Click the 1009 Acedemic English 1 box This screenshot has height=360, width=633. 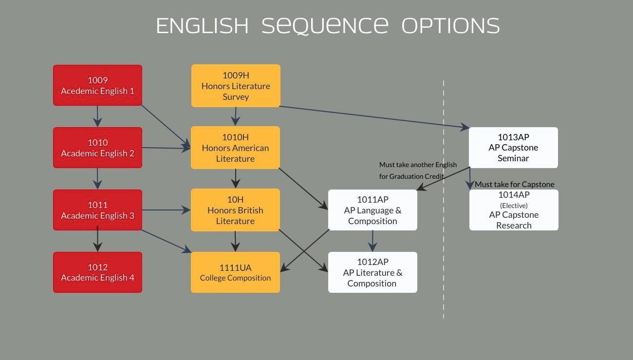tap(97, 85)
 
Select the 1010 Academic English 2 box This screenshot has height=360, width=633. tap(97, 148)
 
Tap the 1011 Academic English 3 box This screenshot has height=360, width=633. tap(97, 210)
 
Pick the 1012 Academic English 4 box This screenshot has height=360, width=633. tap(97, 272)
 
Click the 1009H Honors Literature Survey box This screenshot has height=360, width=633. tap(236, 86)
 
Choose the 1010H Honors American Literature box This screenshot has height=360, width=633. tap(235, 148)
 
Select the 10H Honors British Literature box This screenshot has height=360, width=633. tap(235, 210)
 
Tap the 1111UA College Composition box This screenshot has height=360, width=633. tap(235, 272)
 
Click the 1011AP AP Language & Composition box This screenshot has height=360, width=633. tap(372, 210)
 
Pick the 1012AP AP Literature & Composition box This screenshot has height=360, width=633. tap(372, 272)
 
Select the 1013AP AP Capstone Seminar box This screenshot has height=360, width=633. tap(513, 148)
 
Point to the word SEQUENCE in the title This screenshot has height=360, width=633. tap(325, 26)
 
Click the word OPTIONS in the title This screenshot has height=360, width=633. tap(450, 26)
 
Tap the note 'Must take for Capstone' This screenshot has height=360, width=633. tap(514, 184)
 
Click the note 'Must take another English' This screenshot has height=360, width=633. tap(418, 165)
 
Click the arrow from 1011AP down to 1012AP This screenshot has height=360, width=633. tap(372, 241)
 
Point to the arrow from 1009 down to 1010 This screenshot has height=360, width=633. tap(97, 116)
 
